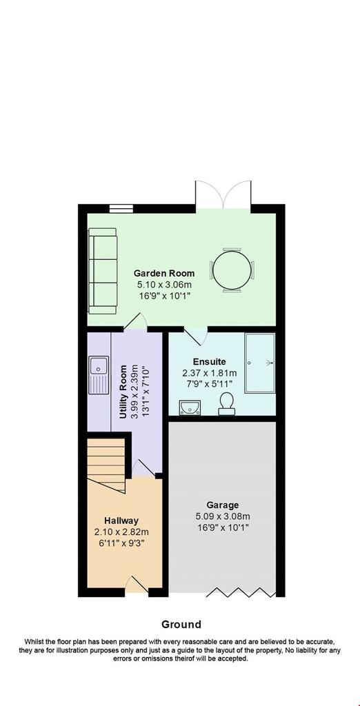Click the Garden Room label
164,273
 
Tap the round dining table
232,270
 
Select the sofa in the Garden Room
103,270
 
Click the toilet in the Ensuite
226,403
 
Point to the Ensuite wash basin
190,407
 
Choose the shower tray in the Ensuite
260,363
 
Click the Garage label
223,505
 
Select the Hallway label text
121,521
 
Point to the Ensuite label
210,361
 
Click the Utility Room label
124,392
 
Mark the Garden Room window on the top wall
121,208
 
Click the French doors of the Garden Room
223,195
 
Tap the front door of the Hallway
136,585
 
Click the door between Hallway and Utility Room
144,468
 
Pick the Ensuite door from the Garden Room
196,336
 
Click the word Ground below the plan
181,625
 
